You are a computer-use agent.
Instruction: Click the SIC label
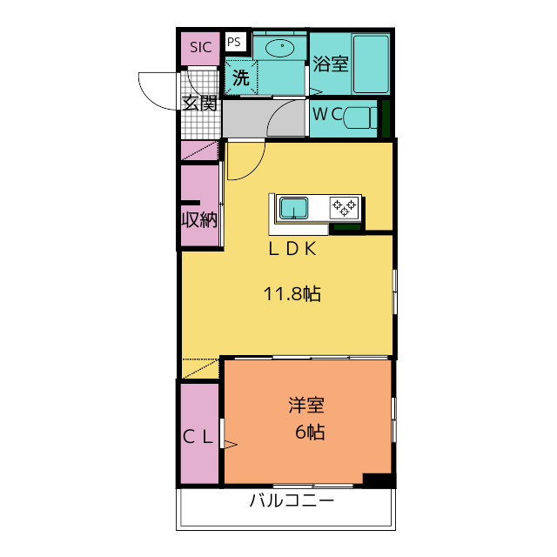pos(200,48)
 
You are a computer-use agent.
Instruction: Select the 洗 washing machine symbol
pos(240,77)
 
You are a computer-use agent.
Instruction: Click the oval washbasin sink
pos(280,48)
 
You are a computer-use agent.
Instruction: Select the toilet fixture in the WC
pos(362,117)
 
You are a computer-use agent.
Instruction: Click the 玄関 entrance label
pos(199,103)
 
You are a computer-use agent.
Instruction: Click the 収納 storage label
pos(198,219)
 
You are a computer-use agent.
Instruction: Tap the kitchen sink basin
pos(293,209)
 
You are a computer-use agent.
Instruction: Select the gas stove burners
pos(344,207)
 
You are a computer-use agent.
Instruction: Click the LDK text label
pos(291,249)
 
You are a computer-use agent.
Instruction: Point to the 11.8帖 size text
pos(292,293)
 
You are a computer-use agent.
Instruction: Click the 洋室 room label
pos(307,406)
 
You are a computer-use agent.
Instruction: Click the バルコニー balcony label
pos(292,501)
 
